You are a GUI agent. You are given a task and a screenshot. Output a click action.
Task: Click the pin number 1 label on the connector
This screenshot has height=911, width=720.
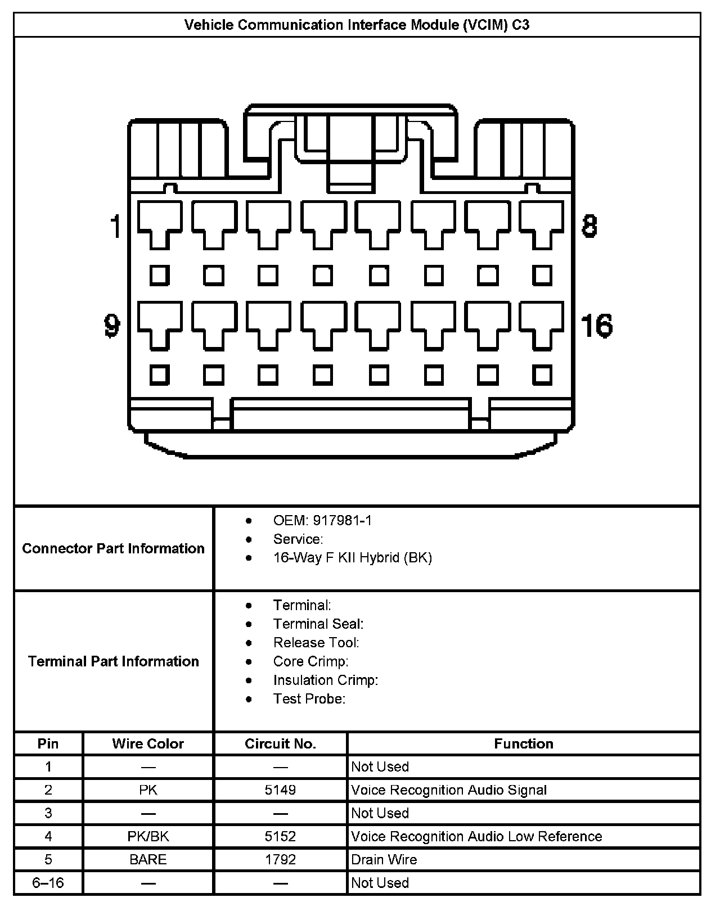click(116, 226)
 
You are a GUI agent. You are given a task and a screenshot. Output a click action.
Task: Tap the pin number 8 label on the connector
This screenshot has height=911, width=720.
click(589, 226)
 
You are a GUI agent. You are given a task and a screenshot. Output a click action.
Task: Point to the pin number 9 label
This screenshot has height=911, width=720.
click(112, 326)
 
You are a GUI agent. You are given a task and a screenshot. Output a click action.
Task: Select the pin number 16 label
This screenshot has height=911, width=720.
click(596, 326)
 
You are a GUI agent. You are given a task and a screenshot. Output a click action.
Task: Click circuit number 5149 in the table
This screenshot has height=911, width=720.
click(280, 790)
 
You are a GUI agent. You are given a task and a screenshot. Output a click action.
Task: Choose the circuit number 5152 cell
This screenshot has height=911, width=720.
click(280, 837)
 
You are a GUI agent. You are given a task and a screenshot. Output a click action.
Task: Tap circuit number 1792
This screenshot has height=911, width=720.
click(280, 860)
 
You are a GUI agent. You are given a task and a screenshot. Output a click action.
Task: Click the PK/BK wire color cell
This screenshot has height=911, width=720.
click(148, 837)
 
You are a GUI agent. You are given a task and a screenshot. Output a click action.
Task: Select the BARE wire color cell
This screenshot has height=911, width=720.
click(148, 860)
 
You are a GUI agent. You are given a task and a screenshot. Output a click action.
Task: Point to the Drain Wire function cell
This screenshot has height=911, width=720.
click(384, 860)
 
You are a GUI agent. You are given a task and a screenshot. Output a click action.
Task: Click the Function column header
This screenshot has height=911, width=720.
click(523, 744)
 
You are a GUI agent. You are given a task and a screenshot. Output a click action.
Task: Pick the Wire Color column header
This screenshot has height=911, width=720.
click(148, 744)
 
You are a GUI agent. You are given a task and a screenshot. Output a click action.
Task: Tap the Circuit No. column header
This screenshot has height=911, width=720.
click(280, 744)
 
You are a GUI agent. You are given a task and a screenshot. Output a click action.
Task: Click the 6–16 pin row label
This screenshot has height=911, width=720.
click(48, 883)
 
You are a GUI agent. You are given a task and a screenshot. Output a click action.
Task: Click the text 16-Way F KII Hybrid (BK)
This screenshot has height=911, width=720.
click(352, 558)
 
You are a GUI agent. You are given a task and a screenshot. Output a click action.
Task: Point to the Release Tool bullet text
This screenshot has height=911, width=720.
click(316, 643)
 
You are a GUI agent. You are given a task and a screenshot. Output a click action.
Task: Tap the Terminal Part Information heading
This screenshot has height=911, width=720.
click(114, 661)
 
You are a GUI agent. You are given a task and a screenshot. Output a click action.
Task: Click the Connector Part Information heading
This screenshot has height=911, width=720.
click(114, 548)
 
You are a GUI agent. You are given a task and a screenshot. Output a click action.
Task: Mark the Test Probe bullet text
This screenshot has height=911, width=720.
click(309, 699)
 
